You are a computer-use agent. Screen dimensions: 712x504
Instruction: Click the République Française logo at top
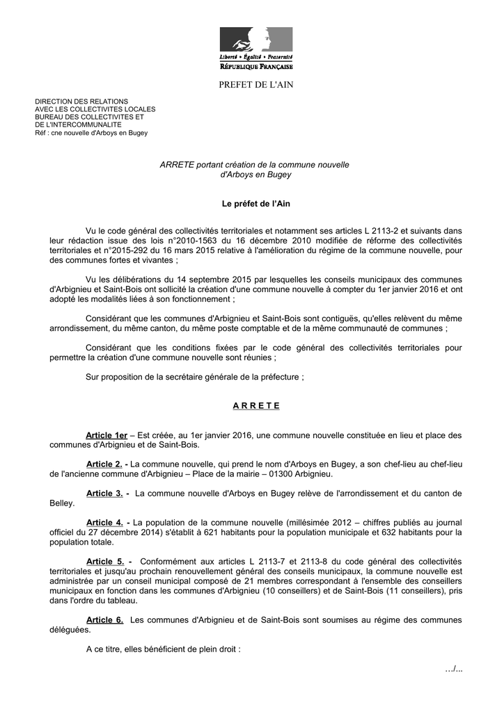click(x=256, y=48)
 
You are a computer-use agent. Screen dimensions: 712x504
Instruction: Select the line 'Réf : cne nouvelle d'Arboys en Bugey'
click(x=91, y=132)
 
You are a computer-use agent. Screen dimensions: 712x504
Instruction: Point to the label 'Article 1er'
click(x=106, y=435)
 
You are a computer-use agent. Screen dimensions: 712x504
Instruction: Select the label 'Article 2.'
click(x=104, y=464)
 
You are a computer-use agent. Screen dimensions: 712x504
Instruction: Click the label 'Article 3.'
click(x=104, y=493)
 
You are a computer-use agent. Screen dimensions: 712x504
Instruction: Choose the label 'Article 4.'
click(x=104, y=522)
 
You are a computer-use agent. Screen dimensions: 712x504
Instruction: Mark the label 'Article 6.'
click(x=104, y=620)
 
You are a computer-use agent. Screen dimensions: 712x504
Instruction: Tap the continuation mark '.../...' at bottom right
click(x=453, y=668)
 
